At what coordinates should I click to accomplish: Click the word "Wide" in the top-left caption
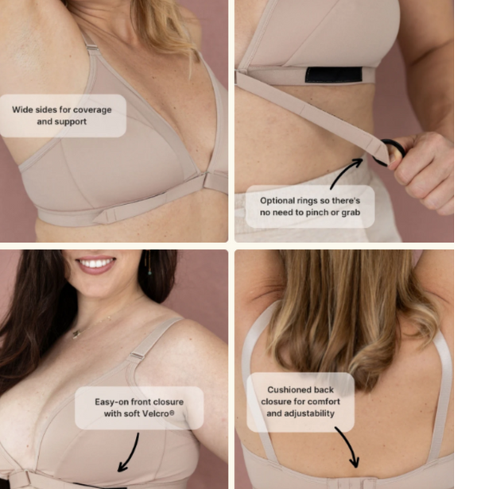pyautogui.click(x=21, y=110)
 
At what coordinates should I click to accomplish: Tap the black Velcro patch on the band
pyautogui.click(x=334, y=75)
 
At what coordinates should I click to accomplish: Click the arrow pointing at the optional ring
pyautogui.click(x=345, y=171)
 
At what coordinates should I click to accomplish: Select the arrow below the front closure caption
pyautogui.click(x=130, y=452)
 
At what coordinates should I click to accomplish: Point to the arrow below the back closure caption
pyautogui.click(x=349, y=447)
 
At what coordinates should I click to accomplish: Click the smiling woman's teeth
pyautogui.click(x=96, y=264)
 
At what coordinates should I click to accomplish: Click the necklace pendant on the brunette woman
pyautogui.click(x=76, y=334)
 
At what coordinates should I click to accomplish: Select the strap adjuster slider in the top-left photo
pyautogui.click(x=92, y=48)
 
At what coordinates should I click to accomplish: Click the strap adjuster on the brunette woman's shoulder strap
pyautogui.click(x=137, y=356)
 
